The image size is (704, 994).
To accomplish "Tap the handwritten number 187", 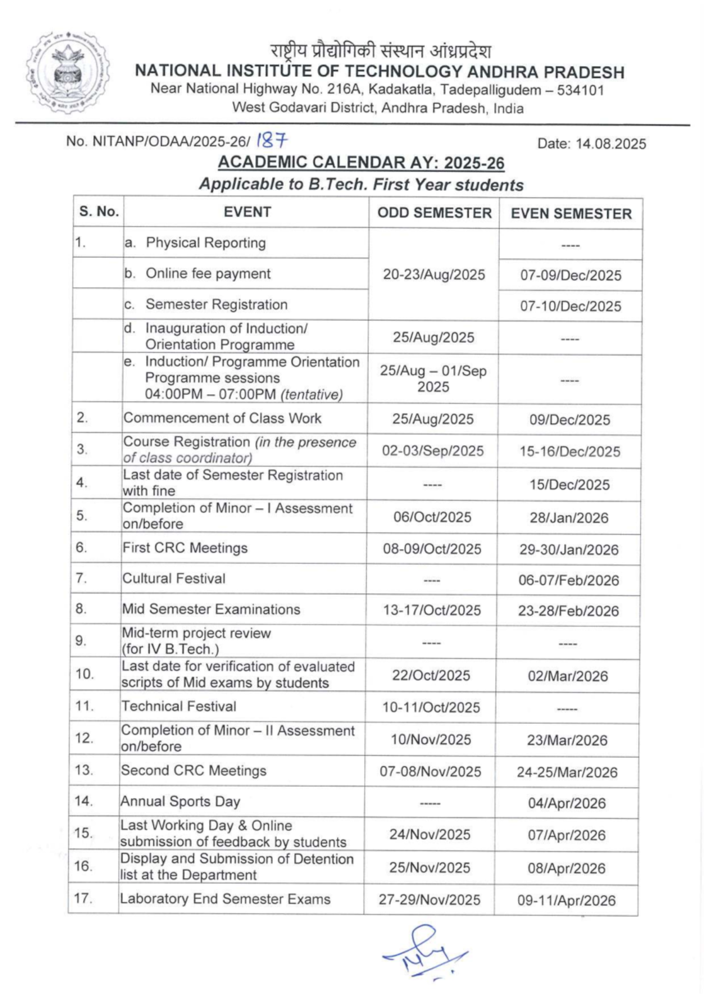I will point(272,141).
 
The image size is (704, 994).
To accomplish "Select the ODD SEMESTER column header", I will point(434,213).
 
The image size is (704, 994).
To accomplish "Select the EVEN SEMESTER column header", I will point(571,214).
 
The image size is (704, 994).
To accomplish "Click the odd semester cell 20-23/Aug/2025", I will point(434,274).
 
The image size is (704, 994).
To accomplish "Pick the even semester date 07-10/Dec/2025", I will point(570,306).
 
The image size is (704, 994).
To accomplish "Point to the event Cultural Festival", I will point(174,578).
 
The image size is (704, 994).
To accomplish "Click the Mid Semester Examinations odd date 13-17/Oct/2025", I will point(432,610).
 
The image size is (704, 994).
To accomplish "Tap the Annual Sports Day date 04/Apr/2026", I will point(567,803).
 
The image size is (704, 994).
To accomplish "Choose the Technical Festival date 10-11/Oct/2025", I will point(431,707).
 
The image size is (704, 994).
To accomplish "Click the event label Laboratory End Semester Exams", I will point(225,899).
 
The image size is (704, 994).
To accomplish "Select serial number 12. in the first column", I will point(84,738).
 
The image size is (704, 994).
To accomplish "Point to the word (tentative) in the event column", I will point(312,394).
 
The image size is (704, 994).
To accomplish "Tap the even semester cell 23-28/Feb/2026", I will point(568,611).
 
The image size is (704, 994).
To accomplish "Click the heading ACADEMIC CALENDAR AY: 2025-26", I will point(361,163).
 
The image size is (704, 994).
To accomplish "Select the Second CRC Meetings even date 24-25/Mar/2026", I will point(567,772).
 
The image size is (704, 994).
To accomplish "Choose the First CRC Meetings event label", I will point(185,548).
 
